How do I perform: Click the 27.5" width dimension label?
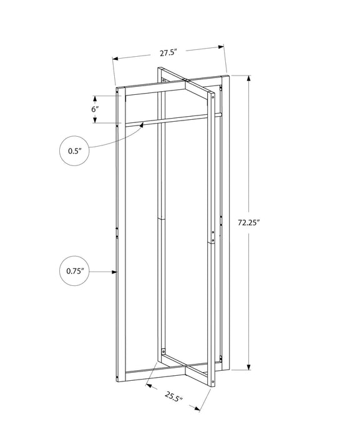coord(167,52)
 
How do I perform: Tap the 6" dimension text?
coord(95,109)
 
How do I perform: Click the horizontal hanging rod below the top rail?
coord(168,119)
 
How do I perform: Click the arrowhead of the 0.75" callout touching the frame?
coord(116,271)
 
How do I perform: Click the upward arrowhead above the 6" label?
coord(95,97)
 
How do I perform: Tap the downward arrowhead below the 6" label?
coord(95,121)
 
